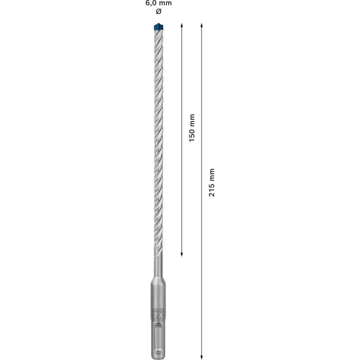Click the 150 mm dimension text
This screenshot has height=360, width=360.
pos(192,128)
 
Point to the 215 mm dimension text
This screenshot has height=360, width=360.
pos(212,182)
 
